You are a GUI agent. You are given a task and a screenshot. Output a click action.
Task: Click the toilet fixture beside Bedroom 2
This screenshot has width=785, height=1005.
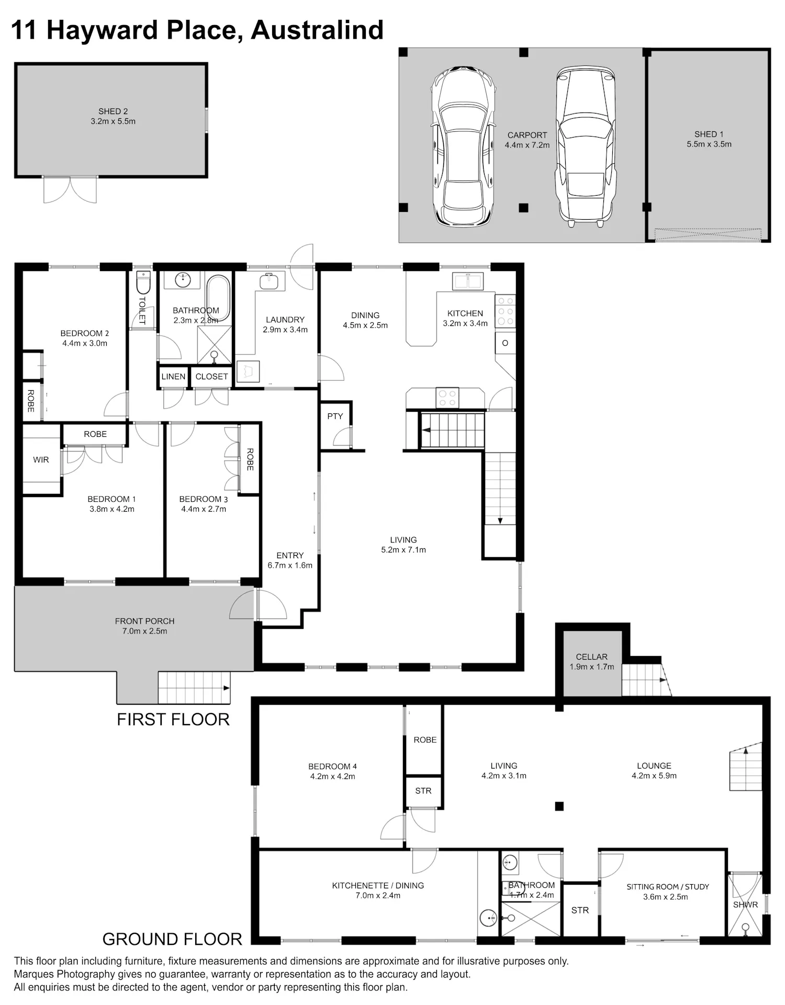coord(143,282)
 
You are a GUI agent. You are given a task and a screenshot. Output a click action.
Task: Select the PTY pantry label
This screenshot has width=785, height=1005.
coord(335,416)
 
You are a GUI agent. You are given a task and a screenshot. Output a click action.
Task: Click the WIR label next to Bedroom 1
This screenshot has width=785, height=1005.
coord(41,460)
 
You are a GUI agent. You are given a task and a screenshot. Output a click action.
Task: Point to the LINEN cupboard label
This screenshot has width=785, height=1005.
coord(173,377)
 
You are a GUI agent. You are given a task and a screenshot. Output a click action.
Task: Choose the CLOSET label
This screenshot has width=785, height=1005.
coord(212,377)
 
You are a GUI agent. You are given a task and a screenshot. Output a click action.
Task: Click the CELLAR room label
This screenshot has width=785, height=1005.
coord(592,657)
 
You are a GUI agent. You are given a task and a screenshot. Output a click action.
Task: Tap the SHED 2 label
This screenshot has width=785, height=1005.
coord(113,111)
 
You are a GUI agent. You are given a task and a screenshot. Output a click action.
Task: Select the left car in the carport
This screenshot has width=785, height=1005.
coord(463,146)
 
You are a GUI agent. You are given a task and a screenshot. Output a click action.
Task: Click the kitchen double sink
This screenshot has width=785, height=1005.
coord(468,281)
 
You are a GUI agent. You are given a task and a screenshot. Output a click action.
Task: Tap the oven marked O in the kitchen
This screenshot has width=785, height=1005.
coord(505,343)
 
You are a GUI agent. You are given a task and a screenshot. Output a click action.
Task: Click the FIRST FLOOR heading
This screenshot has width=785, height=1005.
coord(173,719)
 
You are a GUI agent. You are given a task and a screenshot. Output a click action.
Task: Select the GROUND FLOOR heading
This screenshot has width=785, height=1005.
coord(172,939)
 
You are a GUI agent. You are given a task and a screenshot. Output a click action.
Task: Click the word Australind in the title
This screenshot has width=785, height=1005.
coord(317,30)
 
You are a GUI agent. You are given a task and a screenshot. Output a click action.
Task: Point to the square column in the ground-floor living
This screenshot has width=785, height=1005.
coord(559,806)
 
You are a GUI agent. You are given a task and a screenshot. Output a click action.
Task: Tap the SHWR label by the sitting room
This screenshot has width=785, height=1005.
coord(745,905)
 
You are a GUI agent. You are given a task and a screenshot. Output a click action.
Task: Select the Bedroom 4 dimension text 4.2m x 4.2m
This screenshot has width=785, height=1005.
coord(332,776)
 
